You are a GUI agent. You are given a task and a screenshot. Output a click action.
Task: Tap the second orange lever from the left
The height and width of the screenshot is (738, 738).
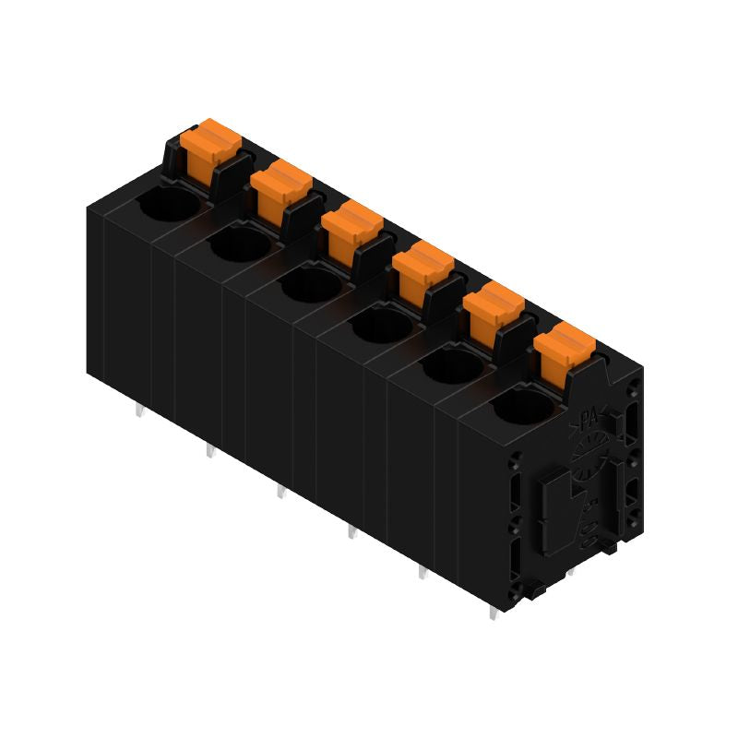280,185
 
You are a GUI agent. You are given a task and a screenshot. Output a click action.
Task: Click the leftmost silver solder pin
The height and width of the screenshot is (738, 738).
139,411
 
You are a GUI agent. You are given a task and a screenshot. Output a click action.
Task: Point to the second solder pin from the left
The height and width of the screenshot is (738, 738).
210,452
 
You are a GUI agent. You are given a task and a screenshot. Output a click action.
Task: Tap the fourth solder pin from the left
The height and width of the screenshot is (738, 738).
351,532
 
